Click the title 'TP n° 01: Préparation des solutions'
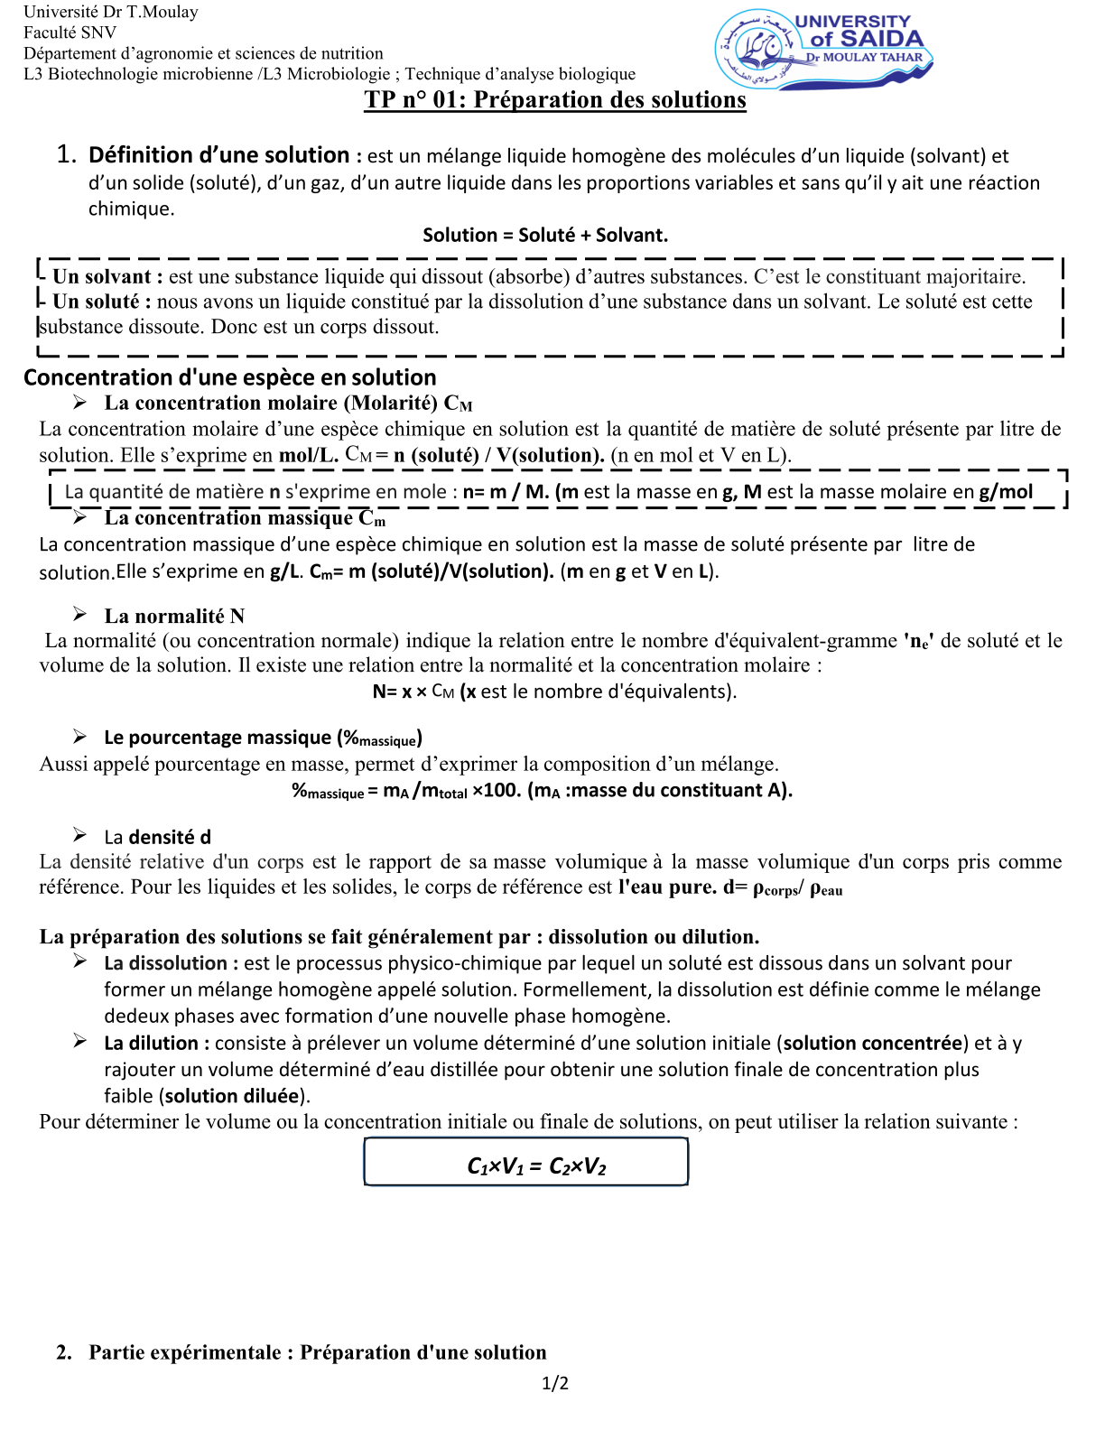555,99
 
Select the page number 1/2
554,1383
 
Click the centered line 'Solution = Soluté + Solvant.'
545,236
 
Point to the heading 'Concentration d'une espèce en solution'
229,377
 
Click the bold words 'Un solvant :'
107,276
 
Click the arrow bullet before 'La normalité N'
80,615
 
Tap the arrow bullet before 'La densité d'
80,835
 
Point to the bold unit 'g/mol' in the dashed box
1005,492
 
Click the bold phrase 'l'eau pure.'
667,887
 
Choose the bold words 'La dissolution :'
171,963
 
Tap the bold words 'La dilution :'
156,1044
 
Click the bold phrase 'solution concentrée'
872,1044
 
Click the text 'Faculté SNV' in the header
70,32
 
